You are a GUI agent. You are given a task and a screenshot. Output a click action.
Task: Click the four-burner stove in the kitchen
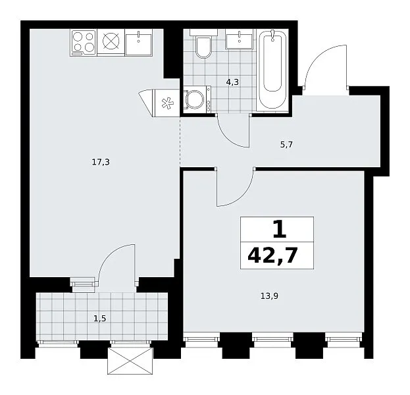[83, 43]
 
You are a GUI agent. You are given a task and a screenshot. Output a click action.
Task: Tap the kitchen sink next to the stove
[139, 43]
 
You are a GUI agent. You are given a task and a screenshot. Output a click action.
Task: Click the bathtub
[272, 70]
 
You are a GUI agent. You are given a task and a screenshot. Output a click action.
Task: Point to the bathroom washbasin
[240, 39]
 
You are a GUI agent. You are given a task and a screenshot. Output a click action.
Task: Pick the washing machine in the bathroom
[197, 99]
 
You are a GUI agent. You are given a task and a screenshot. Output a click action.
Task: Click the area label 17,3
[101, 163]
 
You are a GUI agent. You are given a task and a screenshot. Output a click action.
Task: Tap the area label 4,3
[232, 82]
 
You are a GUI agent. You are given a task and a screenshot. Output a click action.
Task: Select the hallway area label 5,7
[286, 144]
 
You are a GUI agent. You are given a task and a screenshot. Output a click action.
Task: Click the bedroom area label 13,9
[269, 296]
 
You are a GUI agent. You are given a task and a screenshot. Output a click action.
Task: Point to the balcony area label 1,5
[100, 319]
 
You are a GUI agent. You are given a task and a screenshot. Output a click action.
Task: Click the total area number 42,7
[272, 255]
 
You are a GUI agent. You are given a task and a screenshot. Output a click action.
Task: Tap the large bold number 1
[279, 229]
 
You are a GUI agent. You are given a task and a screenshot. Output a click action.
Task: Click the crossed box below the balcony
[130, 361]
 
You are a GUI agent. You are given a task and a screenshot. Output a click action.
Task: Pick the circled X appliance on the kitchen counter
[111, 41]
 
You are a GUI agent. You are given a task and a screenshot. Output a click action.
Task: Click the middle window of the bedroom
[273, 339]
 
